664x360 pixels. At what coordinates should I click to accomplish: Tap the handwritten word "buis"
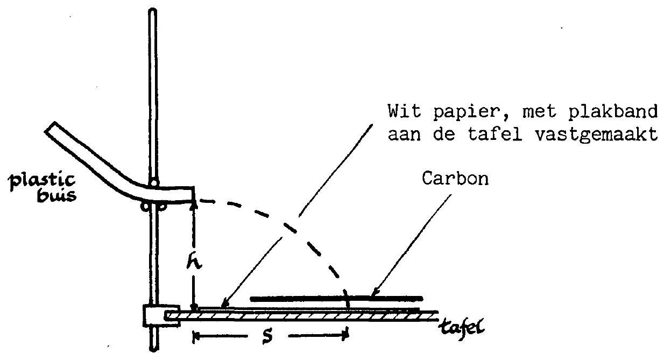[x=56, y=195]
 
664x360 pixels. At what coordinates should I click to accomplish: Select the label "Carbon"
[x=455, y=179]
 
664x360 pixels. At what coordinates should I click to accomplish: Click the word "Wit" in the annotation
[x=404, y=111]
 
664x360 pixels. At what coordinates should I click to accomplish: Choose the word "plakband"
[x=613, y=111]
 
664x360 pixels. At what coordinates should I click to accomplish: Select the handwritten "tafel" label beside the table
[x=462, y=327]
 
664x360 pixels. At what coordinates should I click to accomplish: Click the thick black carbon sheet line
[x=336, y=298]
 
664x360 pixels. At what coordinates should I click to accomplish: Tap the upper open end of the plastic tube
[x=50, y=128]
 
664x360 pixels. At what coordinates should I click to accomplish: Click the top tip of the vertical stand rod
[x=153, y=10]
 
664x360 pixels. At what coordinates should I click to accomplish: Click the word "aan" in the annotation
[x=404, y=135]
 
